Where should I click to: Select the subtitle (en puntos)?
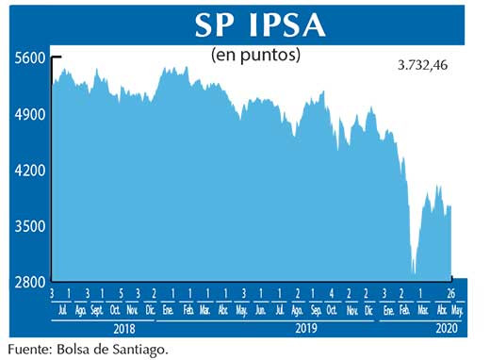pos(256,55)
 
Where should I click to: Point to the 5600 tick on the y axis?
pos(30,57)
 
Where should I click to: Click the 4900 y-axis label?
pos(30,114)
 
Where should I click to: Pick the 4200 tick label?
pos(30,171)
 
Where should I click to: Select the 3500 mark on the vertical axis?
pos(30,226)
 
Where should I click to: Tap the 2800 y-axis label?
pos(30,282)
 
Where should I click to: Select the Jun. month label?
pos(260,310)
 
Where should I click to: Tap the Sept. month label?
pos(97,310)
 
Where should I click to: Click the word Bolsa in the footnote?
pos(83,350)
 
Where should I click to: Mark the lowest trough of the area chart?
pos(414,272)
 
